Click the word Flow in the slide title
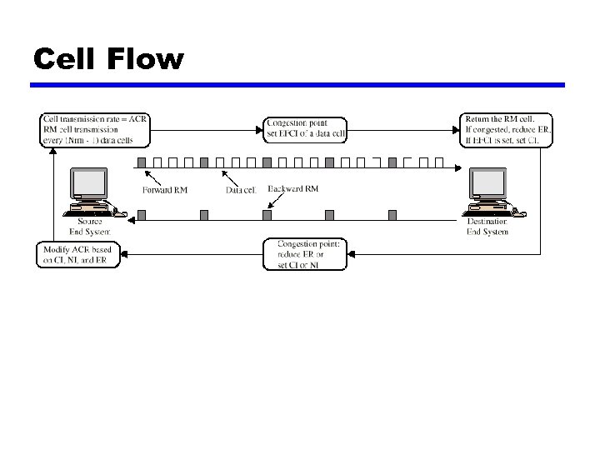coord(142,59)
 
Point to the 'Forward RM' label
coord(164,190)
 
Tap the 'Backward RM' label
coord(293,189)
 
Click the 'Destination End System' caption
coord(487,227)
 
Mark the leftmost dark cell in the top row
coord(141,162)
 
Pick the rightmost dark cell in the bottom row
coord(392,215)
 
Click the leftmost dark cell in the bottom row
coord(141,215)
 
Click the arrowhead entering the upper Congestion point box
coord(259,128)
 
